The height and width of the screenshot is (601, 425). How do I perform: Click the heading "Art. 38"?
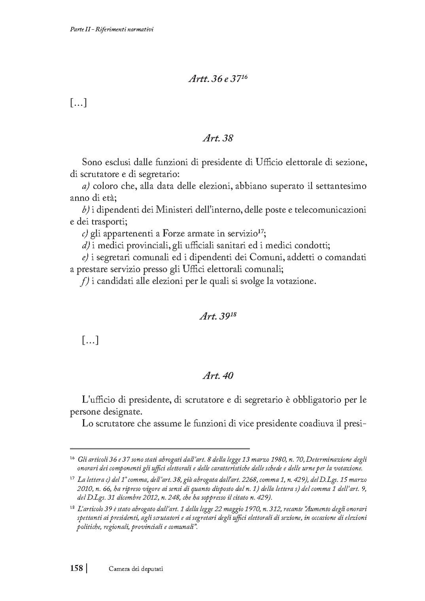[218, 138]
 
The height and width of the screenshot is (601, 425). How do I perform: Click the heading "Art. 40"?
[218, 376]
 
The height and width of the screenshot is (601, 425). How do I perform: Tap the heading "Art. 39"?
[216, 317]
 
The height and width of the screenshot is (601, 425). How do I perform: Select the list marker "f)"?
[85, 282]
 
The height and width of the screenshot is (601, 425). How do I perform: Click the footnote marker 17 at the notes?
[72, 479]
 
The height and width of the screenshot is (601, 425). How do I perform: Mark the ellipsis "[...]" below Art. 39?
[90, 340]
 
